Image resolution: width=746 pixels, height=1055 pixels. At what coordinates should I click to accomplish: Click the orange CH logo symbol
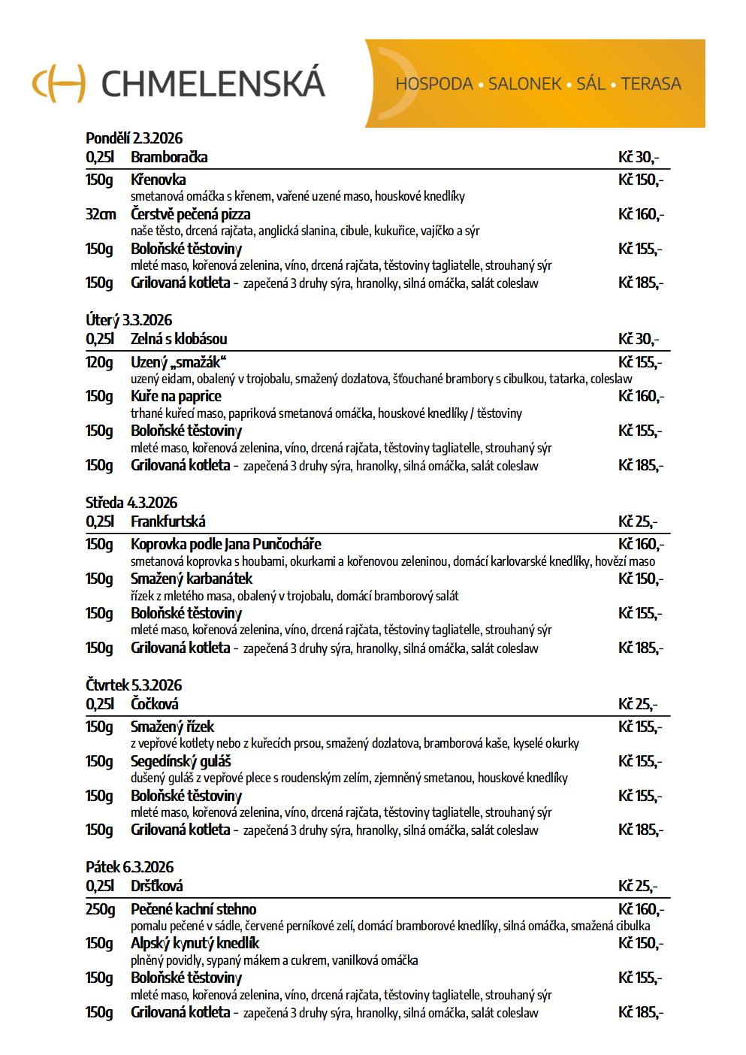pos(59,82)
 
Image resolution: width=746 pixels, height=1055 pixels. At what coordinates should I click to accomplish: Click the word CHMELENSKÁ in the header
pos(213,83)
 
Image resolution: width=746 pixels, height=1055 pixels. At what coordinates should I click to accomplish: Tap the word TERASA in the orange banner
pos(651,84)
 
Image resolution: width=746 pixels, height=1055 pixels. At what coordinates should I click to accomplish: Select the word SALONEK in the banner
pos(524,84)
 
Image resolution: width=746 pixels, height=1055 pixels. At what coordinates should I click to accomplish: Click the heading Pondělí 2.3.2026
pos(134,138)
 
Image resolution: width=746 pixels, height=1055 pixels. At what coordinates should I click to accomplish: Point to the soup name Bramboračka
pos(169,157)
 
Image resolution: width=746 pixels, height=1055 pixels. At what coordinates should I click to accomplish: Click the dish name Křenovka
pos(158,180)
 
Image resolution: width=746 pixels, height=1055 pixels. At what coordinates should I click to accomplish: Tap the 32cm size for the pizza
pos(101,214)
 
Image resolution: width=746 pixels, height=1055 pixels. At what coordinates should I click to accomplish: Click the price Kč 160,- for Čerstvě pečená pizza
pos(641,214)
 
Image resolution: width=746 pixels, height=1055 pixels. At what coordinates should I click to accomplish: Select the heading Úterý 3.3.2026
pos(128,321)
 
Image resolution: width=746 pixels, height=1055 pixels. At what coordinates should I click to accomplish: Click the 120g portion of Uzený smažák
pos(99,362)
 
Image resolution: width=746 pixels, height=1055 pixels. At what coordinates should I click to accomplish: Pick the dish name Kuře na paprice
pos(176,396)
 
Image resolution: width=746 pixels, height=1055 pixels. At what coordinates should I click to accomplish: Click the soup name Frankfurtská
pos(168,521)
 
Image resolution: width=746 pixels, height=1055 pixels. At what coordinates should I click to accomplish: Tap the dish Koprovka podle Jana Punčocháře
pos(225,544)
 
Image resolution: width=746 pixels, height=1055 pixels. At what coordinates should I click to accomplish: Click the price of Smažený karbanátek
pos(641,579)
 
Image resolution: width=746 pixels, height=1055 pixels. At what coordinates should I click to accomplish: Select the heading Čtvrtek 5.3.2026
pos(134,685)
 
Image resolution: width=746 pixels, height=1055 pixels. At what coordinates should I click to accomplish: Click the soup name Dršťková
pos(156,886)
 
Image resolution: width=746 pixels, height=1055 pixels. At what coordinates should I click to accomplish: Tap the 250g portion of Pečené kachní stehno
pos(100,909)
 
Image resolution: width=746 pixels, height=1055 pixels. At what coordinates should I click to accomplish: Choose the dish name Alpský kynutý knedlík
pos(195,943)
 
